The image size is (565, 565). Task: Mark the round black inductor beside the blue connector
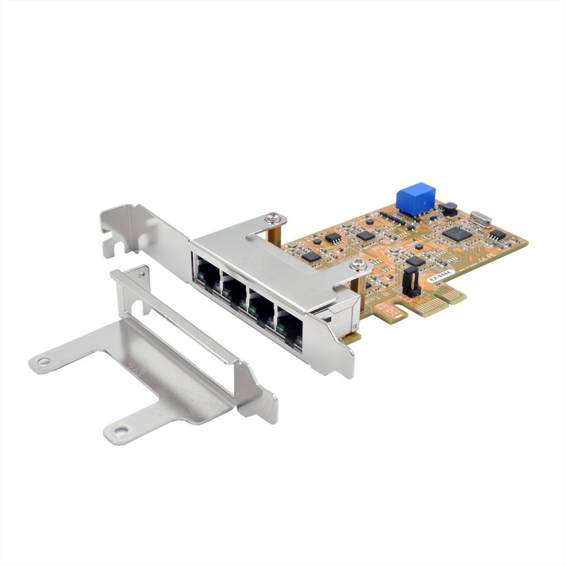pyautogui.click(x=450, y=207)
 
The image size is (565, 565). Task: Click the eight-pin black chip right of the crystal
pyautogui.click(x=497, y=234)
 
